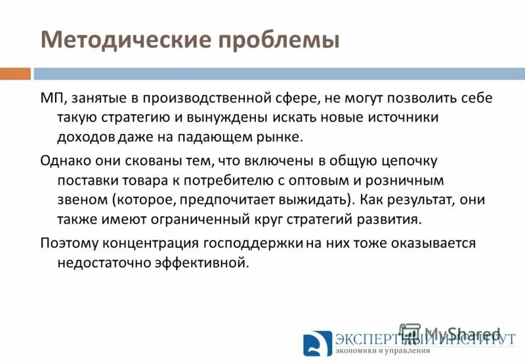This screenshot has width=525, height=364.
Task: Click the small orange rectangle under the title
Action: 15,74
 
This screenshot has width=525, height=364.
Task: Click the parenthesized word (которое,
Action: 146,199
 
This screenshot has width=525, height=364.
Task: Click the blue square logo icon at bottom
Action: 318,344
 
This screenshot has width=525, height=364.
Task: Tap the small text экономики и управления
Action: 383,351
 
